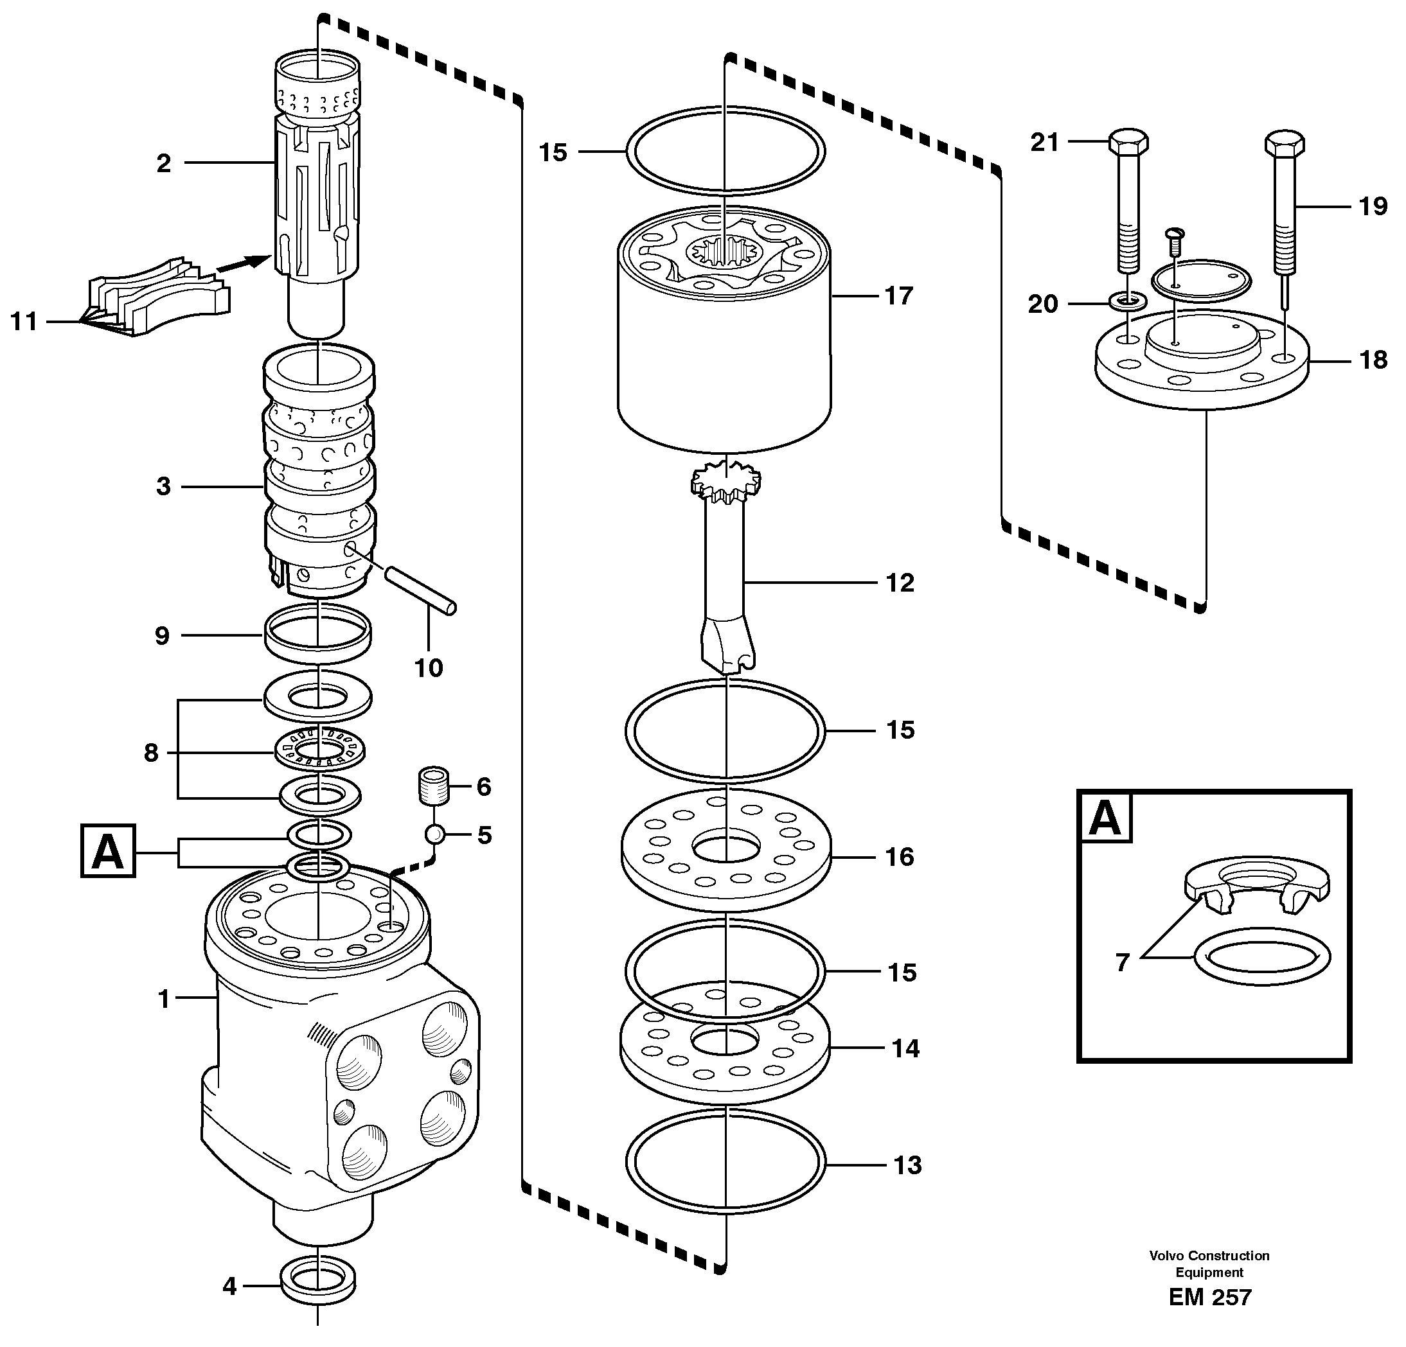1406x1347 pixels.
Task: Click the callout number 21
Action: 1044,143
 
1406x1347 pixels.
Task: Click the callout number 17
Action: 898,295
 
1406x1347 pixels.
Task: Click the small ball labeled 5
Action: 434,834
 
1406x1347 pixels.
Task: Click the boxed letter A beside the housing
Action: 107,851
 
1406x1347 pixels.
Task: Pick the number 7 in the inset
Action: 1123,962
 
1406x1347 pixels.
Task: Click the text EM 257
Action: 1209,1297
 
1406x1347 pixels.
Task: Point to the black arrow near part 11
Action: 240,264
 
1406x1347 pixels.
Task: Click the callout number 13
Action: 907,1165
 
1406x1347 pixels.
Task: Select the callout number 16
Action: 900,856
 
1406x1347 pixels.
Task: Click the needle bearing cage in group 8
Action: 320,750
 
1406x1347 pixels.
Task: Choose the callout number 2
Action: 164,164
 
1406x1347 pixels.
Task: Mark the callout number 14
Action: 905,1048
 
